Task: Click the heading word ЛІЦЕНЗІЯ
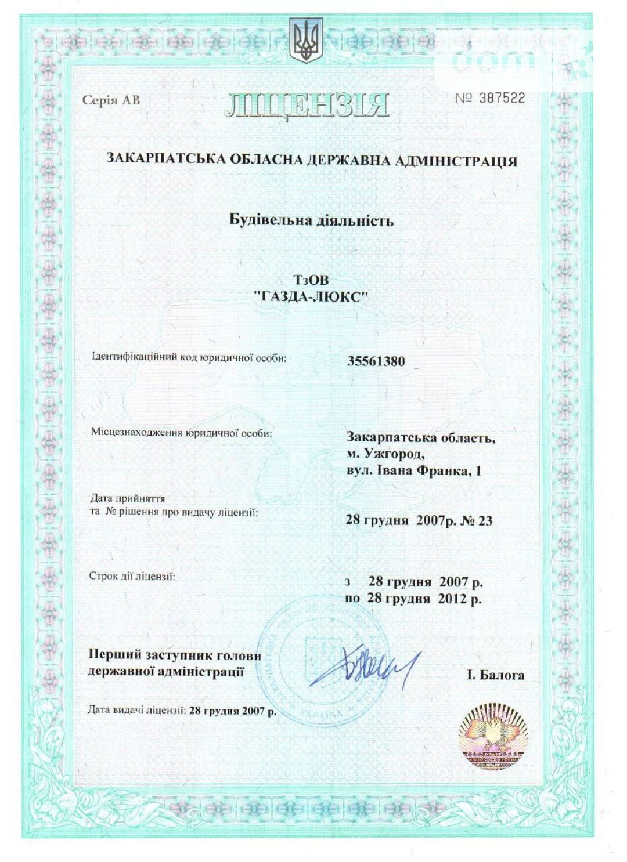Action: tap(307, 105)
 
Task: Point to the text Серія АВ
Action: tap(111, 100)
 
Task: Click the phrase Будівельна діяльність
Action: tap(311, 220)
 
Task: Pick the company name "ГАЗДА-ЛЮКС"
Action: tap(311, 297)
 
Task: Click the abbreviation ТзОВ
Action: tap(311, 281)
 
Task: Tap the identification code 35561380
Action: tap(376, 361)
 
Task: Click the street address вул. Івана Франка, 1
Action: tap(413, 470)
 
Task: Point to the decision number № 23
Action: tap(477, 520)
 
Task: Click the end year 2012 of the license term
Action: tap(452, 599)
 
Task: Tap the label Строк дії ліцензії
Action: tap(132, 576)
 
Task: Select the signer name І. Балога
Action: tap(495, 675)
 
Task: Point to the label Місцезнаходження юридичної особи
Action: tap(181, 433)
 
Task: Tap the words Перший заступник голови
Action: tap(175, 655)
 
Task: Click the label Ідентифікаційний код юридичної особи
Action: tap(189, 357)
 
